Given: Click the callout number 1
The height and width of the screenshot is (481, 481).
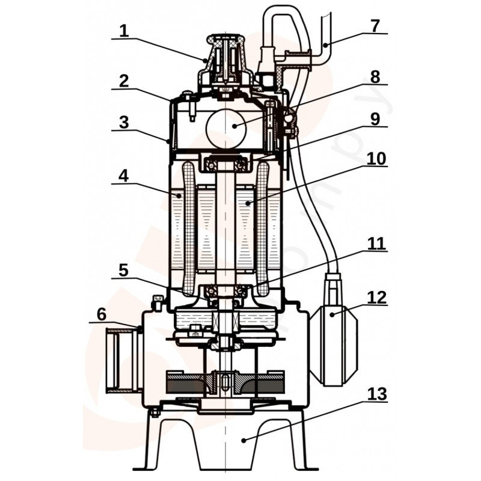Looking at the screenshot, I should click(124, 31).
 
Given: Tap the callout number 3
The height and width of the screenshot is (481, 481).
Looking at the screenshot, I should click(124, 123).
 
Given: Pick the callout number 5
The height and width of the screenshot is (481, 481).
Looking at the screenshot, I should click(124, 270).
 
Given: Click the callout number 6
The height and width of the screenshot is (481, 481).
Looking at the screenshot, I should click(102, 314).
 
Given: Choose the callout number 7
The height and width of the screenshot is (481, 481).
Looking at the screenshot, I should click(375, 26).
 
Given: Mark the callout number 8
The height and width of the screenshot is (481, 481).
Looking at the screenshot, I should click(375, 77).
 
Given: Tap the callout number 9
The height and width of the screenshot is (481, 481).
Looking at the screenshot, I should click(375, 118).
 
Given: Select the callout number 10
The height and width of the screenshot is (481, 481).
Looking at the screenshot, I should click(375, 158).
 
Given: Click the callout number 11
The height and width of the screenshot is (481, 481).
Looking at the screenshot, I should click(375, 244).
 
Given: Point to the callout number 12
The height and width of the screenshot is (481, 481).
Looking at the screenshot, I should click(375, 298).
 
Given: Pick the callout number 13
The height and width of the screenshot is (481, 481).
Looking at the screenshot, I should click(375, 394).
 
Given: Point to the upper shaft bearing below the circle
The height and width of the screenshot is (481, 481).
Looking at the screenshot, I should click(225, 164).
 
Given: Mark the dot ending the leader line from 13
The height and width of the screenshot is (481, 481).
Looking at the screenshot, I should click(243, 441).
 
